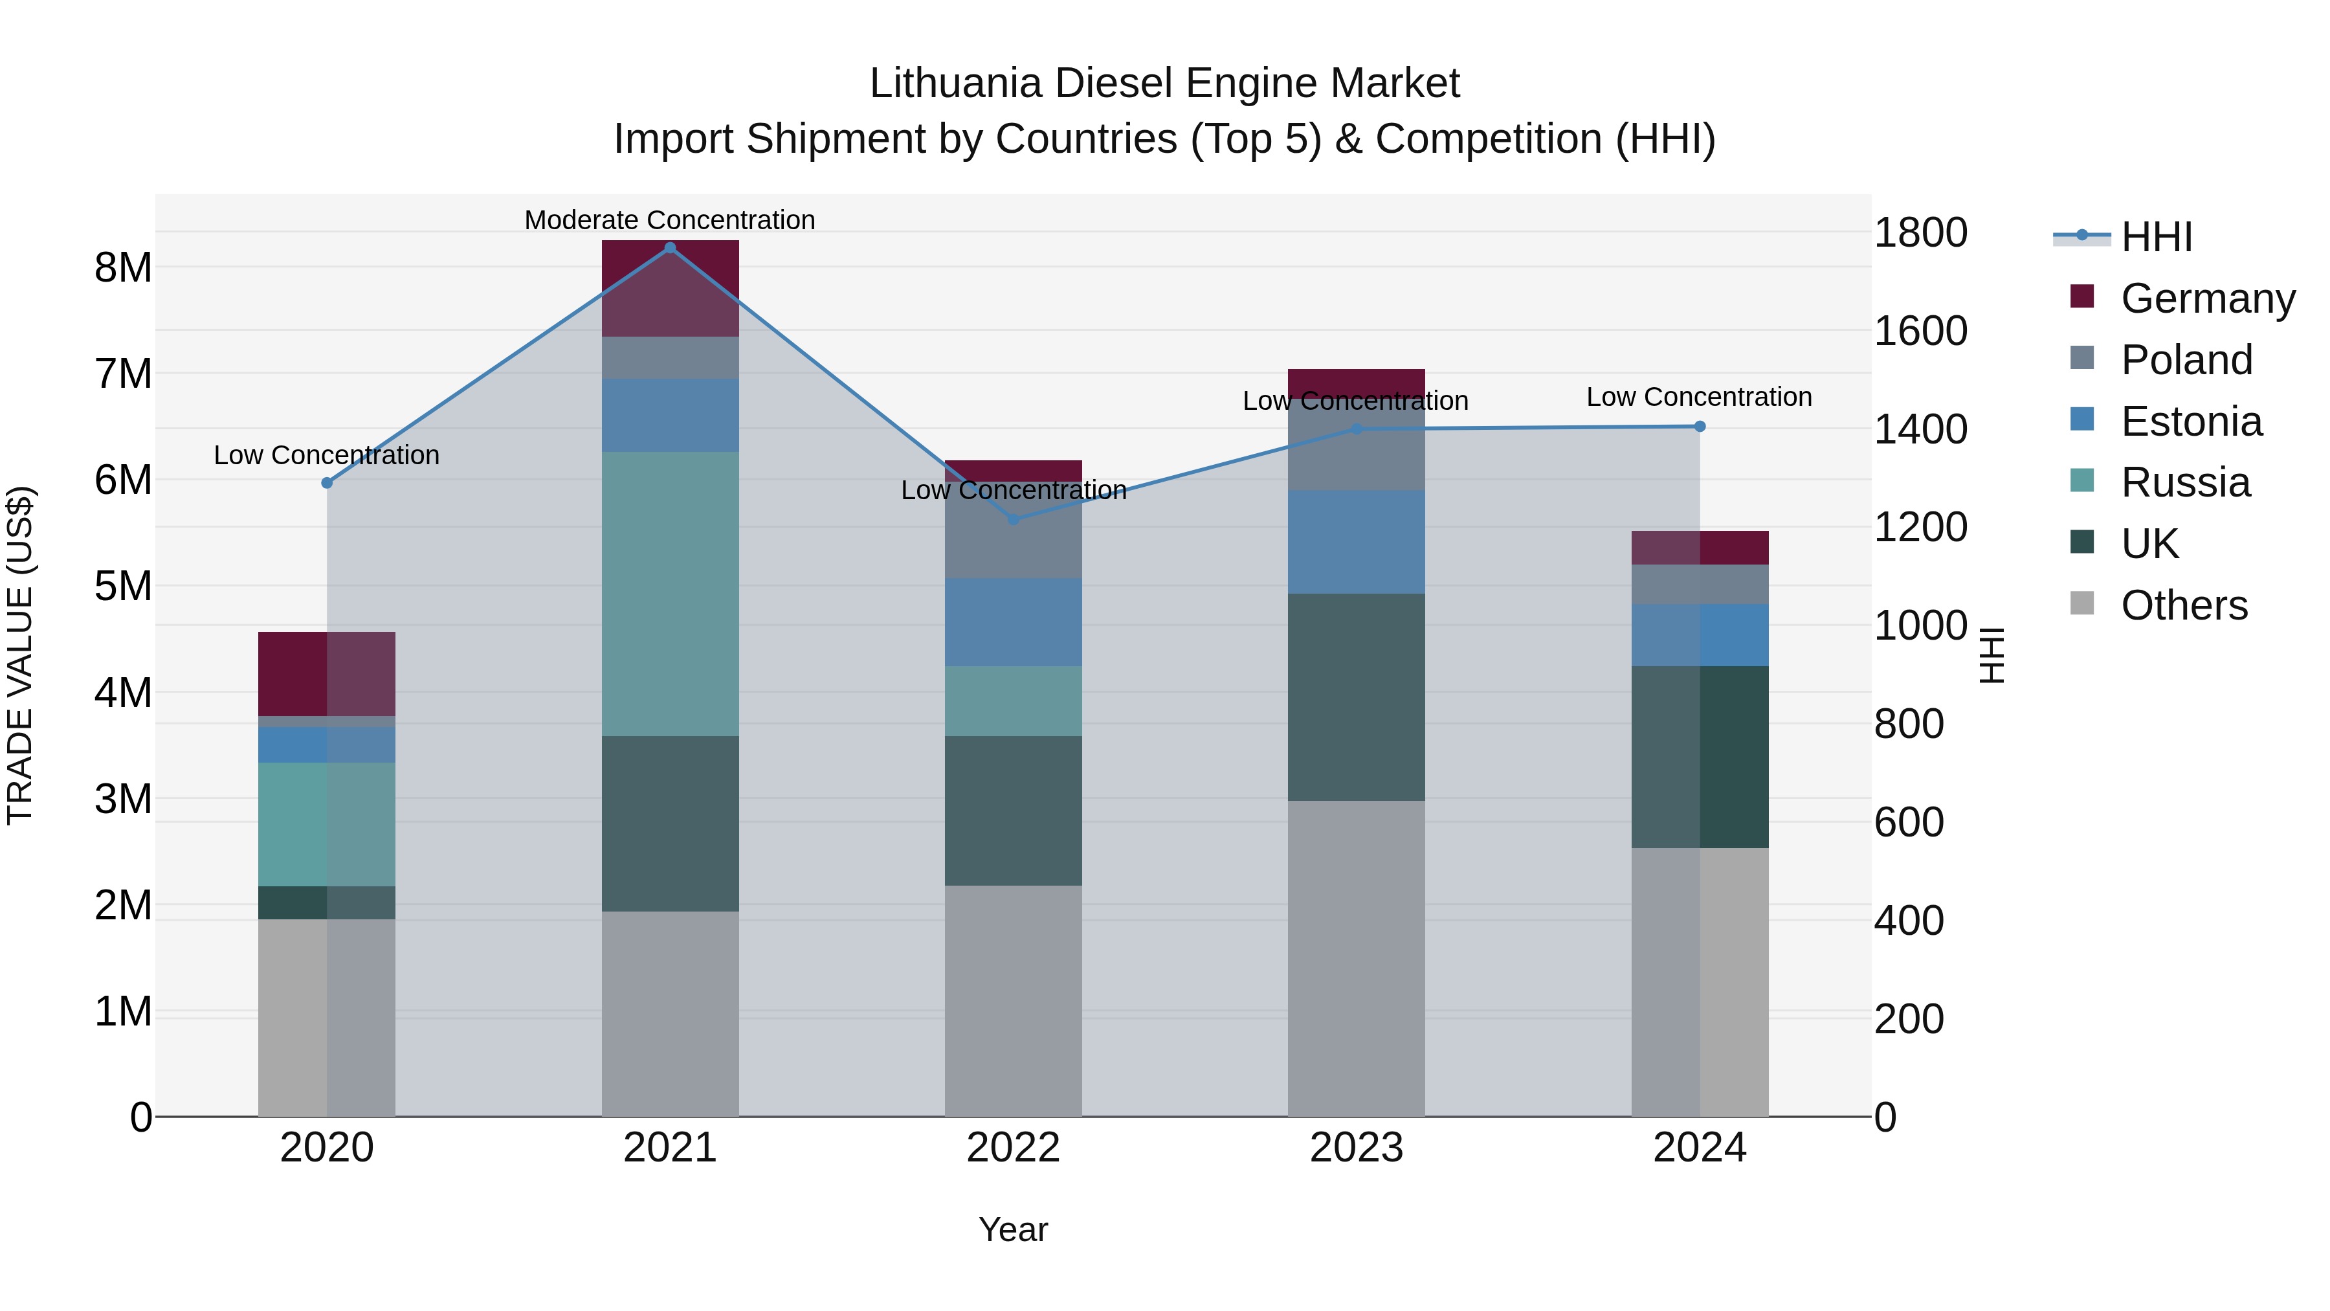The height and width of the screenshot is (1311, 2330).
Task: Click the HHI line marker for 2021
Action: [x=671, y=248]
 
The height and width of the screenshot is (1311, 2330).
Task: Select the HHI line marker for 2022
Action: [x=1013, y=519]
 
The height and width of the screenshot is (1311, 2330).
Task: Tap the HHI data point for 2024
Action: [x=1700, y=426]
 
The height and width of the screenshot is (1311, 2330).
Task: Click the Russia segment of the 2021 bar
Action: [x=671, y=594]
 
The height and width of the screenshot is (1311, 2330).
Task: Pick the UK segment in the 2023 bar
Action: [x=1356, y=697]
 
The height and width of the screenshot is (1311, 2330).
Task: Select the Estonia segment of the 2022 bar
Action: [x=1013, y=622]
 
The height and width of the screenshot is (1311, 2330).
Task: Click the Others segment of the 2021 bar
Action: [x=671, y=1013]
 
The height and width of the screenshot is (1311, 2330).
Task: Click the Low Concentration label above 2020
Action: [x=327, y=455]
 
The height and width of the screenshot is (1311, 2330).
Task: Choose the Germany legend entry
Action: [x=2207, y=298]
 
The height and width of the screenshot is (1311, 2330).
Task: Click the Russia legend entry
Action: [x=2184, y=482]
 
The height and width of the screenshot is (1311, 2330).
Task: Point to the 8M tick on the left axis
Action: [x=123, y=268]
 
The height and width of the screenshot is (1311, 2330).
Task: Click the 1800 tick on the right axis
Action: [x=1920, y=232]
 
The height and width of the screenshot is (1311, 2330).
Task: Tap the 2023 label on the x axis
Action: [x=1356, y=1148]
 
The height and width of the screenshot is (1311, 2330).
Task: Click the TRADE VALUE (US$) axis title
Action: [x=20, y=655]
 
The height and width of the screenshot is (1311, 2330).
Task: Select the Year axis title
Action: [x=1013, y=1229]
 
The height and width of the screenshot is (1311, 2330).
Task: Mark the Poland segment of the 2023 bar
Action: [x=1356, y=448]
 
